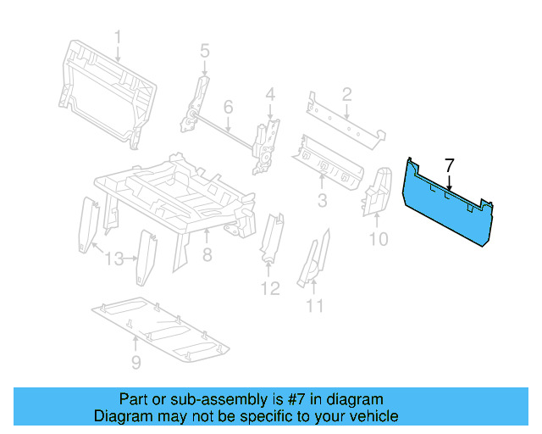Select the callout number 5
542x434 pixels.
[x=204, y=52]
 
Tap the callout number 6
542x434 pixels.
[x=228, y=107]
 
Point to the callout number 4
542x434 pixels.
[x=270, y=93]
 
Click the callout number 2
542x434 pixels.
[x=346, y=93]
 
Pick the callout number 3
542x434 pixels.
[x=322, y=200]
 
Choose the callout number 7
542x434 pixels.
[x=450, y=164]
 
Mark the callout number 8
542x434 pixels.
[x=207, y=254]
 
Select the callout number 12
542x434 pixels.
[x=269, y=289]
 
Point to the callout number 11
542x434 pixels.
[x=315, y=305]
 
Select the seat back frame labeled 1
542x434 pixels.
[x=106, y=89]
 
